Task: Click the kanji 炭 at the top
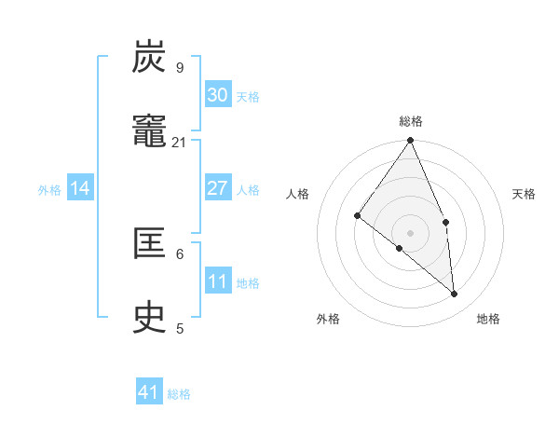150,58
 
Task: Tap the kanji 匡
150,244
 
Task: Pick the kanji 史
150,318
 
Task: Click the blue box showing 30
218,95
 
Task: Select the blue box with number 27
218,188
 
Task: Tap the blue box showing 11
218,281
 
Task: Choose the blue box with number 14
80,188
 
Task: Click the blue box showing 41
149,392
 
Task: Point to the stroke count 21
180,142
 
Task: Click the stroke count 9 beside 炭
180,67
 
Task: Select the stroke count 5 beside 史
180,328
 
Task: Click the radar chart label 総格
411,121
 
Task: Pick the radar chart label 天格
524,194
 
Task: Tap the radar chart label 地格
488,319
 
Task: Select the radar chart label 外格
328,319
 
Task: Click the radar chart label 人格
298,194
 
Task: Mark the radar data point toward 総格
411,142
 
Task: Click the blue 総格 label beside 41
179,394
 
